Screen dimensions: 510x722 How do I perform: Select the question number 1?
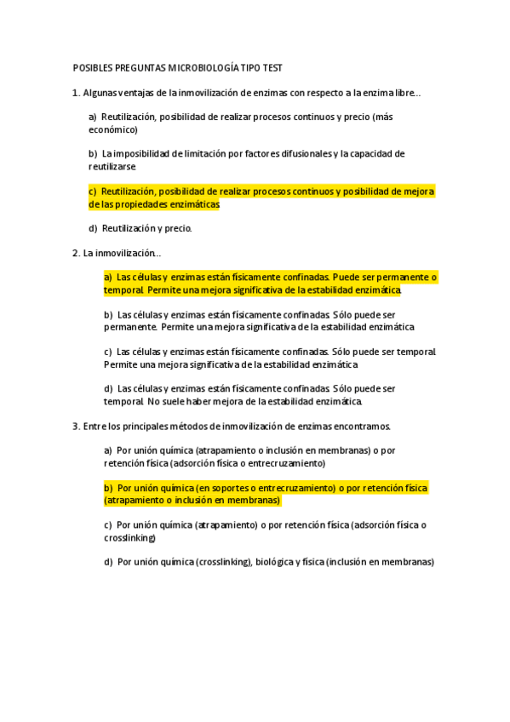coord(76,92)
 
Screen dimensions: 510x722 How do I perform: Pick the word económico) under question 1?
coord(113,129)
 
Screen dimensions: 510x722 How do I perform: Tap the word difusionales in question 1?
coord(303,154)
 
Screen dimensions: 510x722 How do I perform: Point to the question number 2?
coord(76,253)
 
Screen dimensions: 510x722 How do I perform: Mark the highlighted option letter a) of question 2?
coord(108,278)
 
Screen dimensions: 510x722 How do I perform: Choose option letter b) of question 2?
coord(108,314)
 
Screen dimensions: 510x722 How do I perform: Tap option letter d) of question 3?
coord(108,562)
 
